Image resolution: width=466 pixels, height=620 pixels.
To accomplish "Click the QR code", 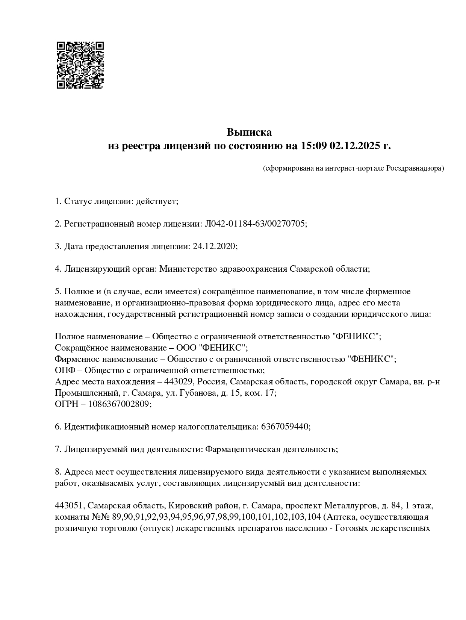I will [80, 65].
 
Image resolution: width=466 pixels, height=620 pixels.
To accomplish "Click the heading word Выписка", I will [249, 132].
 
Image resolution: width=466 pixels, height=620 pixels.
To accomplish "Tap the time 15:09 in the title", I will [313, 146].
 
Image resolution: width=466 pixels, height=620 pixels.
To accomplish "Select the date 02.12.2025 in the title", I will [355, 146].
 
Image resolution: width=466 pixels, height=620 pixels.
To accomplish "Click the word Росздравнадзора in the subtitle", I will [415, 168].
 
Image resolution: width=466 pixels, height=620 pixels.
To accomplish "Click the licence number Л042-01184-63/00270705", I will [255, 224].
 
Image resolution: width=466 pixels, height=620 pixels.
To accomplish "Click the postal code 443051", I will [68, 506].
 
